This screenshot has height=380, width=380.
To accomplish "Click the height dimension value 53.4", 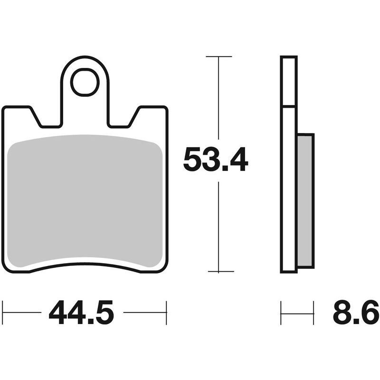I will (x=215, y=160).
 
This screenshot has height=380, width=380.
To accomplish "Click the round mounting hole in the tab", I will (x=85, y=82).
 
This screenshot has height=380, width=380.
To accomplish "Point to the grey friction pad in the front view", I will (x=85, y=199).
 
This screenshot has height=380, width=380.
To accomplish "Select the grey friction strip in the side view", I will (x=305, y=199).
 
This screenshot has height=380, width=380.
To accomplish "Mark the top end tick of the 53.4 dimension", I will (x=218, y=57).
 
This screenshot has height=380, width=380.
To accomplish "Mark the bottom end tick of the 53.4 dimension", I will (x=218, y=272).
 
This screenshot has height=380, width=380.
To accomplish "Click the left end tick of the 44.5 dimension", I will (x=3, y=313).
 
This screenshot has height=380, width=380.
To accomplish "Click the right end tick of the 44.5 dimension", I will (x=166, y=313).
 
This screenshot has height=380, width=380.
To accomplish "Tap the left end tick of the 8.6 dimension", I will (x=281, y=313).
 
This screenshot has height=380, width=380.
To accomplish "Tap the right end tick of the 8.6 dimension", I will (x=314, y=313).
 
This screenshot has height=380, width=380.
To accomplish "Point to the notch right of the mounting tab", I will (x=121, y=119).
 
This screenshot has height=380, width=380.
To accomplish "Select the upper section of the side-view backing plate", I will (x=289, y=81).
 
